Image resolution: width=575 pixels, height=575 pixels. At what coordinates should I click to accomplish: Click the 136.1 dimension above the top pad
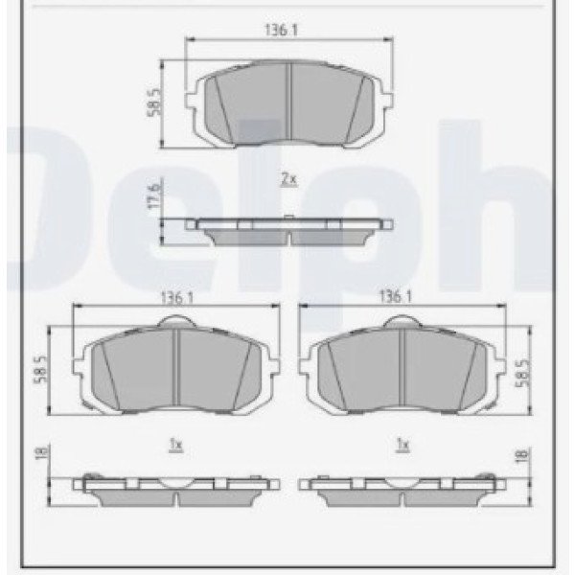pyautogui.click(x=281, y=30)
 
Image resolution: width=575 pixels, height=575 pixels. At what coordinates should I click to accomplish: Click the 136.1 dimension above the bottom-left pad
pyautogui.click(x=176, y=298)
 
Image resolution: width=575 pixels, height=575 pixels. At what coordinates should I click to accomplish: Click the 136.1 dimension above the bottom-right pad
pyautogui.click(x=395, y=296)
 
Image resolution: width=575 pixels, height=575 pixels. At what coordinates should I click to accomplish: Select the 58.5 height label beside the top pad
pyautogui.click(x=154, y=103)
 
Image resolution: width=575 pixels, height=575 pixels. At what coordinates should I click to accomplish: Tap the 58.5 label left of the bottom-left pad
pyautogui.click(x=41, y=369)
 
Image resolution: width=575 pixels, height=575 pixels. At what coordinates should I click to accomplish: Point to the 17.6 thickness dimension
pyautogui.click(x=153, y=195)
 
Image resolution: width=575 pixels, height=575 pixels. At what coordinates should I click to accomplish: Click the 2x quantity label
pyautogui.click(x=288, y=180)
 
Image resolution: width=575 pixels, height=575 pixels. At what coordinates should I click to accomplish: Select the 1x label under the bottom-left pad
pyautogui.click(x=176, y=446)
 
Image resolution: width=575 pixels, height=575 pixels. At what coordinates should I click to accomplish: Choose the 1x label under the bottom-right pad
pyautogui.click(x=402, y=445)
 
